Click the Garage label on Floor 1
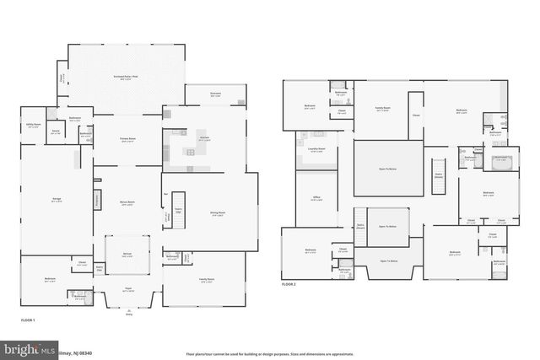pyautogui.click(x=56, y=199)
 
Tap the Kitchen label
pyautogui.click(x=204, y=138)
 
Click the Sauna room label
pyautogui.click(x=55, y=133)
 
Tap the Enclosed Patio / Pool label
pyautogui.click(x=127, y=77)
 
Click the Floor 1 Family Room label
pyautogui.click(x=207, y=280)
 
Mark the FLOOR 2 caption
pyautogui.click(x=289, y=285)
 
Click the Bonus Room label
pyautogui.click(x=128, y=204)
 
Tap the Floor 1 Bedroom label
pyautogui.click(x=50, y=280)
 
